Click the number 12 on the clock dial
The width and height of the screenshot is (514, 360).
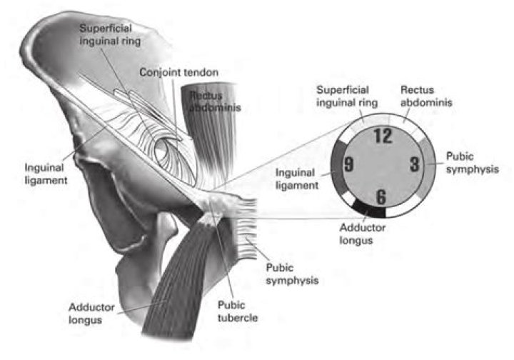[x=383, y=136]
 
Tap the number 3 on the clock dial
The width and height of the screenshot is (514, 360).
[x=415, y=164]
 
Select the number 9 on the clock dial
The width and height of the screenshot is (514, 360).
[x=349, y=164]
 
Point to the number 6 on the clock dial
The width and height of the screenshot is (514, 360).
[x=381, y=196]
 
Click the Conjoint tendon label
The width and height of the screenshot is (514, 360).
[x=178, y=72]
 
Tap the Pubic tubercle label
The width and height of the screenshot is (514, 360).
[x=238, y=311]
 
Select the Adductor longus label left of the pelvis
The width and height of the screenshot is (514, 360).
[x=92, y=314]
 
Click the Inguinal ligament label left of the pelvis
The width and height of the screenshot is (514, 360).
[x=46, y=174]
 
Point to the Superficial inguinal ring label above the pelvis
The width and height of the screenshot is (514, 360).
[x=110, y=35]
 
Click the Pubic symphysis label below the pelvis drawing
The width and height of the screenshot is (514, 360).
[x=292, y=274]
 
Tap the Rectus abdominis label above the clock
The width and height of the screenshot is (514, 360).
[x=426, y=96]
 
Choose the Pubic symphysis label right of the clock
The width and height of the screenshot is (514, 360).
[x=473, y=163]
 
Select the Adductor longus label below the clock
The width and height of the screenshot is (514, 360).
[x=363, y=234]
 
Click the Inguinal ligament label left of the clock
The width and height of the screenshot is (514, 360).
[x=297, y=179]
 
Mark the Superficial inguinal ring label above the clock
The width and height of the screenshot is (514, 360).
[x=347, y=96]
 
